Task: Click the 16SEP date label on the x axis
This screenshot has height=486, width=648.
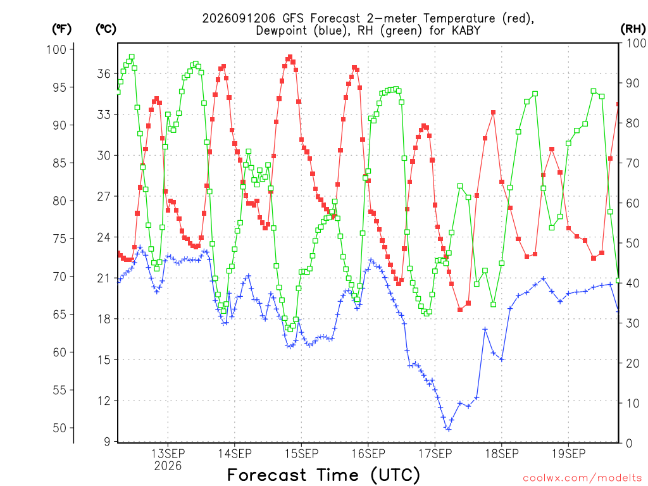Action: point(368,454)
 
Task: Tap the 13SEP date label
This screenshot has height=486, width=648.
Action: point(168,454)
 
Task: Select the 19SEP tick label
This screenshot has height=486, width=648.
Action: point(569,454)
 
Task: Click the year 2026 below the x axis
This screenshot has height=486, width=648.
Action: point(168,466)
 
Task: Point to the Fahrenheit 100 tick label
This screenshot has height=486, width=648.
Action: point(56,49)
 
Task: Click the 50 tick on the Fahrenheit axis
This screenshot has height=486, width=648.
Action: point(59,428)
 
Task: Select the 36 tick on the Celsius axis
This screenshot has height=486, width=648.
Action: point(104,73)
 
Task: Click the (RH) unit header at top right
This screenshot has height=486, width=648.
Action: point(633,29)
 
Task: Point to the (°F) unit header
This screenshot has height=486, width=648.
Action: point(61,29)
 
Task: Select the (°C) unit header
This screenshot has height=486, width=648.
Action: point(106,29)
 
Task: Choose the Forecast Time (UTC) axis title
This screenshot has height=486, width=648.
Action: point(323,475)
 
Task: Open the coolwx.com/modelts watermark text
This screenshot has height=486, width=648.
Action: point(582,478)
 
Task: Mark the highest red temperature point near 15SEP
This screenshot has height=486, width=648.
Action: point(290,57)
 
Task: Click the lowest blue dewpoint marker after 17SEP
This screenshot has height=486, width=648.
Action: point(449,430)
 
